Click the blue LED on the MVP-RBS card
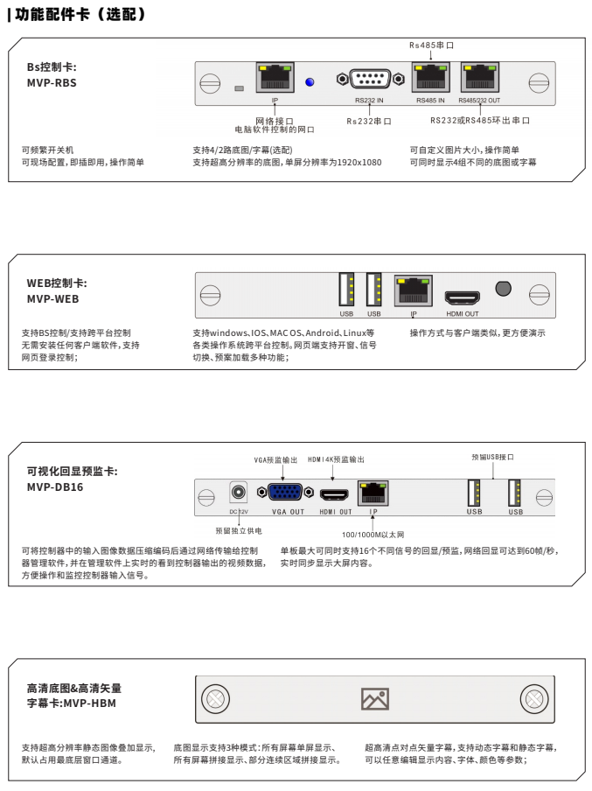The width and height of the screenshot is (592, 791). click(x=310, y=82)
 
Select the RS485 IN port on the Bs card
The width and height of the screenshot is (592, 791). click(x=429, y=78)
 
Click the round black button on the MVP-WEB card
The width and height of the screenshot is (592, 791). click(x=503, y=288)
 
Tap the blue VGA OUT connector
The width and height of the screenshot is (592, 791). click(x=287, y=494)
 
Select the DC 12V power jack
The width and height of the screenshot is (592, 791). click(x=237, y=493)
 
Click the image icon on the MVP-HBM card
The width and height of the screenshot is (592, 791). click(x=374, y=698)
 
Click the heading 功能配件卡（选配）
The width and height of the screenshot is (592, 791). click(x=79, y=15)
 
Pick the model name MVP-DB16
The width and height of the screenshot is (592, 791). click(x=55, y=487)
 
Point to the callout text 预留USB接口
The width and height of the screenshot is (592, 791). click(x=492, y=457)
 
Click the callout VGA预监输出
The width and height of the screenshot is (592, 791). click(x=275, y=459)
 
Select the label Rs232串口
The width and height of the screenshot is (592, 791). click(x=369, y=121)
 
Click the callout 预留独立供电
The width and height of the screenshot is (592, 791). click(x=237, y=530)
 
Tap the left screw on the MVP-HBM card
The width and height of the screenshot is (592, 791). click(x=213, y=698)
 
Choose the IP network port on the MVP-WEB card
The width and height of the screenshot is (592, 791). click(x=414, y=290)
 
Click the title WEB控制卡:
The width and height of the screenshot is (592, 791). click(x=57, y=283)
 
